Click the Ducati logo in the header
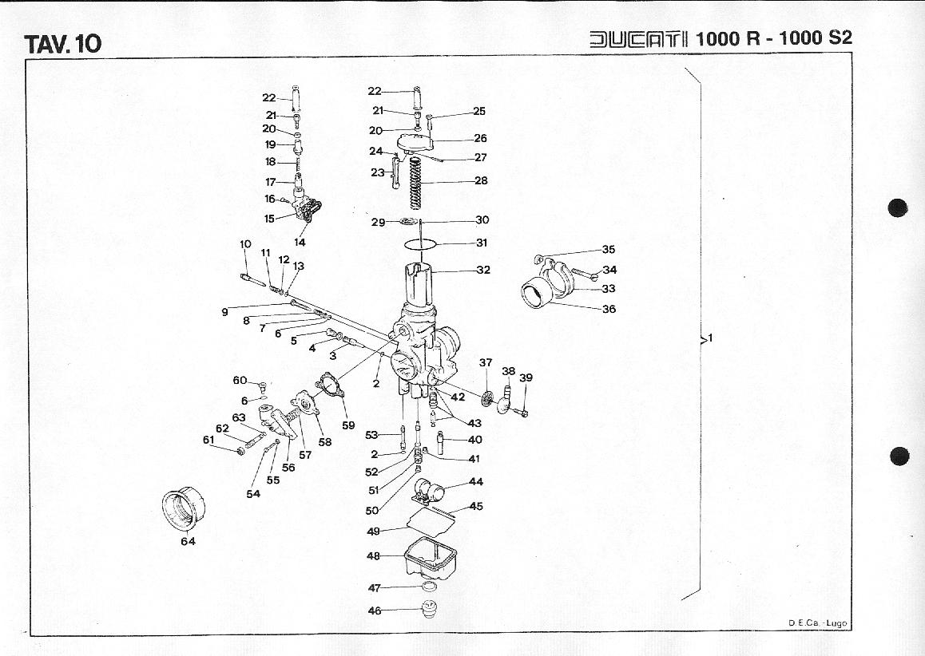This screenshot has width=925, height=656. [x=639, y=38]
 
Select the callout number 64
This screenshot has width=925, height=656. [x=188, y=541]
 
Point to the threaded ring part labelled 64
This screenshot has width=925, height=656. [x=185, y=508]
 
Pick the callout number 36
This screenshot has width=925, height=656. [x=609, y=309]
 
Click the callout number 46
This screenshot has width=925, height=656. [x=375, y=611]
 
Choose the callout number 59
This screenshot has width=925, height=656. [x=348, y=425]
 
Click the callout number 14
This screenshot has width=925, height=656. [x=300, y=242]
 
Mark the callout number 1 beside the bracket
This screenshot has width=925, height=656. [x=710, y=338]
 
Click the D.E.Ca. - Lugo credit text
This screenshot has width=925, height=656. [x=817, y=623]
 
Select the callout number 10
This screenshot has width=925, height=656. [x=245, y=244]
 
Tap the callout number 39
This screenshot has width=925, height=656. [x=526, y=377]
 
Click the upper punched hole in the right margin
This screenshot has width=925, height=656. [x=899, y=208]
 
